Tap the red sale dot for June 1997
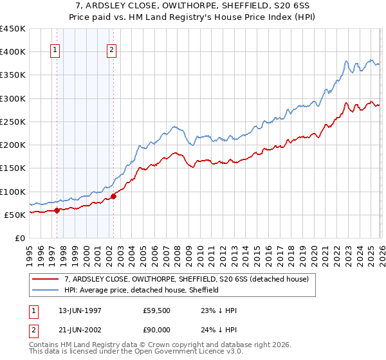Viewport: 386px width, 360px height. (x=57, y=210)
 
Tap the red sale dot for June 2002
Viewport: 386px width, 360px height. (x=113, y=196)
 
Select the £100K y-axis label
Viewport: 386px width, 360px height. (x=13, y=192)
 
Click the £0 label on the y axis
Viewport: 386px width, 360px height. (x=21, y=238)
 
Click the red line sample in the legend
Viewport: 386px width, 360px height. (x=46, y=279)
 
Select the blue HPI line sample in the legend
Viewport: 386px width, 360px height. (x=46, y=290)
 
